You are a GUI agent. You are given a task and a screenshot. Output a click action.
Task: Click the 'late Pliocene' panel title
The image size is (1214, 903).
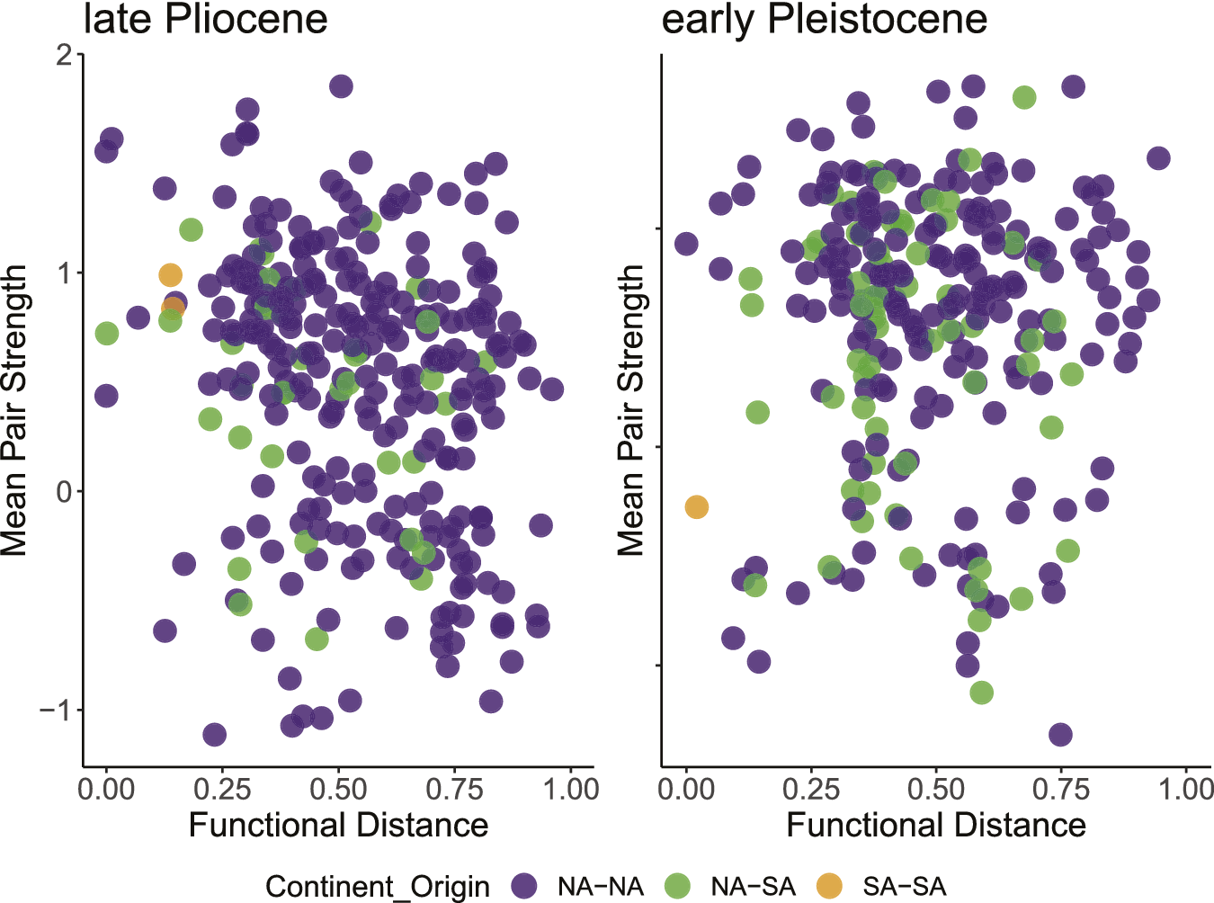[205, 20]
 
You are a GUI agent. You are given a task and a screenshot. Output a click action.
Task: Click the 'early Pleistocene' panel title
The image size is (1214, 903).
[824, 20]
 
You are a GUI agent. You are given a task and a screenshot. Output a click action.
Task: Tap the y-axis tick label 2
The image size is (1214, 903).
[63, 55]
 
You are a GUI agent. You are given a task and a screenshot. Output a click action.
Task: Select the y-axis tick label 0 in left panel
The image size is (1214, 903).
[63, 491]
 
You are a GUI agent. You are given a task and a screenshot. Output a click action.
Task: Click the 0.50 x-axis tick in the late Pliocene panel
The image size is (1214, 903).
[338, 789]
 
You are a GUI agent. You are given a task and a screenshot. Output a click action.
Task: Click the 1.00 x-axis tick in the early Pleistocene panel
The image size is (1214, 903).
[1185, 789]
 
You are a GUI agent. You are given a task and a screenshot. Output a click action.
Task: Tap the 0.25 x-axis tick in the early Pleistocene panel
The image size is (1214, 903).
[811, 789]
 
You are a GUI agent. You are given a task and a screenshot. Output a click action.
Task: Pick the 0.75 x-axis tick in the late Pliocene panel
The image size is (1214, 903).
[454, 789]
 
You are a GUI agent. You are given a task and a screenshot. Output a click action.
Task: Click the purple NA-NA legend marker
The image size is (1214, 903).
[523, 886]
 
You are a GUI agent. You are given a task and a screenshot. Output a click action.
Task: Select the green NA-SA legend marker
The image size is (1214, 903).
[676, 886]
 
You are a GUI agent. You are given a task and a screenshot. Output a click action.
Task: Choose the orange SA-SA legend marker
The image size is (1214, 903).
[829, 886]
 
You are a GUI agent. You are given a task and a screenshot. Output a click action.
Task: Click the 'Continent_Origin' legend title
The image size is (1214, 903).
[378, 887]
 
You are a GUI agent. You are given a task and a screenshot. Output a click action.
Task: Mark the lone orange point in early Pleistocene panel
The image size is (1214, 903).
[696, 507]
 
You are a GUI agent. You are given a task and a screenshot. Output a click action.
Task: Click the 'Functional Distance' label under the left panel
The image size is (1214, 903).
[338, 825]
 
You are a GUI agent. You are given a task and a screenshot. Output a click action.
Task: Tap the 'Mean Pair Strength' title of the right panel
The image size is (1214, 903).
[631, 410]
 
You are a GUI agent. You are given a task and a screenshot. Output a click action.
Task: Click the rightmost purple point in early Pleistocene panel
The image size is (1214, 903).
[1158, 158]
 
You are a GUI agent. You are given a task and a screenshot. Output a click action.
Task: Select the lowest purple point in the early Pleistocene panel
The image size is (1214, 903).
[1060, 735]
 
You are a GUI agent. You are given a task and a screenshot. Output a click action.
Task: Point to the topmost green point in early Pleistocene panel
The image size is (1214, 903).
[1023, 97]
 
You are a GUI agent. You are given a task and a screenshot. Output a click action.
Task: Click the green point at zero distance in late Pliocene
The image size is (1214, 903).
[106, 334]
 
